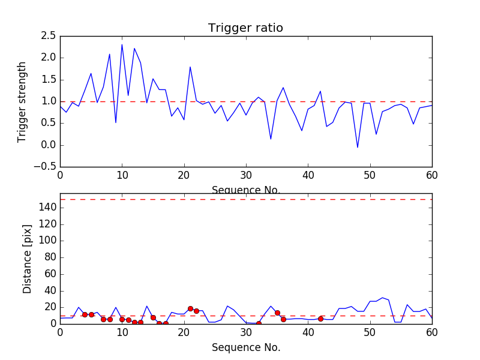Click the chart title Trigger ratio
(x=245, y=28)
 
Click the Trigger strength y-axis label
(x=22, y=101)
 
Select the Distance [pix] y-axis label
(x=27, y=259)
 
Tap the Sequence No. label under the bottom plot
(x=245, y=347)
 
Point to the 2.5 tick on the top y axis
(x=48, y=36)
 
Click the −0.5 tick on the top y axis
(x=46, y=167)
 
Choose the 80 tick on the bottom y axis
(x=50, y=257)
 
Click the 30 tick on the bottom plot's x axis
(x=246, y=332)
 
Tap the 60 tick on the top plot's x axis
(x=432, y=175)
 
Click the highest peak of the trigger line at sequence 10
(x=122, y=44)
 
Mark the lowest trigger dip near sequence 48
(x=358, y=148)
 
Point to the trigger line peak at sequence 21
(x=190, y=67)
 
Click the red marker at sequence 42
(x=320, y=319)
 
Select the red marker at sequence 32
(x=259, y=323)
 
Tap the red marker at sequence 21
(x=190, y=308)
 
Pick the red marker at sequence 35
(x=277, y=313)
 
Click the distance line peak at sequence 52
(x=382, y=298)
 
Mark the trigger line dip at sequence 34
(x=271, y=139)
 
